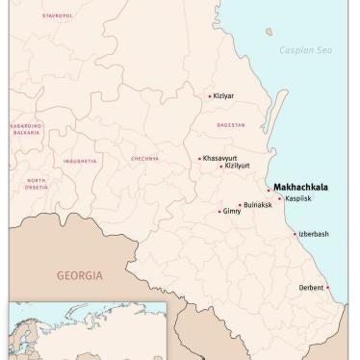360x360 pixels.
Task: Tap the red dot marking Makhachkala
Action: (x=269, y=191)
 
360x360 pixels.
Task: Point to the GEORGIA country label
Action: (x=79, y=274)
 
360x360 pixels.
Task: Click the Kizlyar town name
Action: (x=223, y=96)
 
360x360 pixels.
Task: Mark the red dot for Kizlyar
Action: (x=210, y=96)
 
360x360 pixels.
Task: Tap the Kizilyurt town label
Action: (x=237, y=167)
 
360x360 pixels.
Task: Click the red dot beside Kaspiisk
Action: (x=279, y=199)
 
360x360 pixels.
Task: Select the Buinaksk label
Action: (x=258, y=205)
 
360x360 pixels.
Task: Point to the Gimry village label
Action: (x=232, y=212)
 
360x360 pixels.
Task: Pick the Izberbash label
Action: (x=315, y=234)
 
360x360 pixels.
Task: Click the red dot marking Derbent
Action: (x=328, y=287)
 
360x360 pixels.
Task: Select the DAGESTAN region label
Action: (x=231, y=125)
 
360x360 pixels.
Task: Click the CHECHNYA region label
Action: (x=144, y=159)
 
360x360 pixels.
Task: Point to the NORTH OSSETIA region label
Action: (x=36, y=184)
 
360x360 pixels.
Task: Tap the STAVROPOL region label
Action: (x=57, y=16)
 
